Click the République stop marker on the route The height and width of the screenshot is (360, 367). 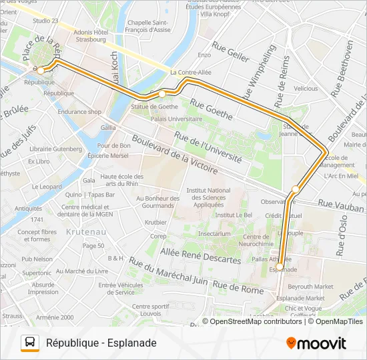[x=41, y=70]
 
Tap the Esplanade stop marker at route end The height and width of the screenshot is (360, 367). [x=280, y=267]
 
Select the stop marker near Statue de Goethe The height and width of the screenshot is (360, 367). [x=161, y=94]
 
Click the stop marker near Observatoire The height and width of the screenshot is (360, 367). [x=295, y=189]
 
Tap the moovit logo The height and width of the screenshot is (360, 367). [x=316, y=343]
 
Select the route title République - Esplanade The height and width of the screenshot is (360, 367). [x=101, y=343]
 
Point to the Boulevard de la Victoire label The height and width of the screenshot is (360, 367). [x=175, y=155]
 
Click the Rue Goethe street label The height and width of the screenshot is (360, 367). [x=212, y=109]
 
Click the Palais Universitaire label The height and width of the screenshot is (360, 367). [x=157, y=118]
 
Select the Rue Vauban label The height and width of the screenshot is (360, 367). [x=340, y=205]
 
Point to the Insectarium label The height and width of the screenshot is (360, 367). [x=214, y=234]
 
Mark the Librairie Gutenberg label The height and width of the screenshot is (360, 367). [x=50, y=149]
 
